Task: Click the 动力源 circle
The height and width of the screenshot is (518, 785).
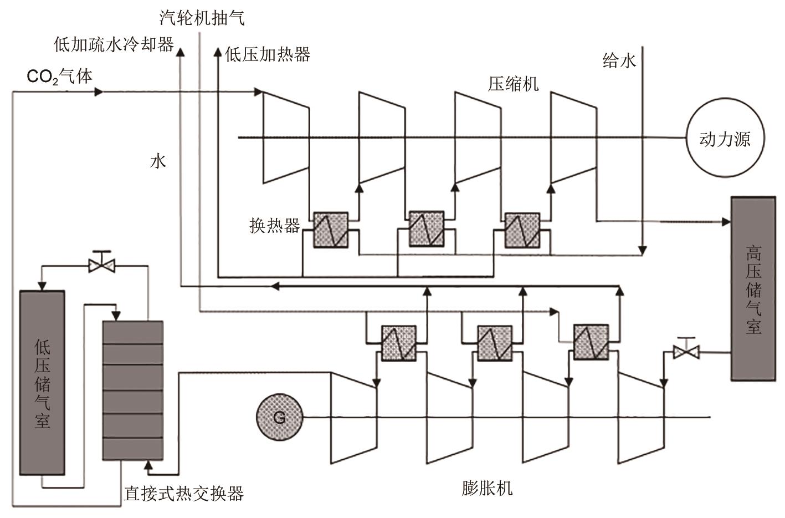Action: (725, 138)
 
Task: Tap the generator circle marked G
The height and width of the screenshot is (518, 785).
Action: (279, 417)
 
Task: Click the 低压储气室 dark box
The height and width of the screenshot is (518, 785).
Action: (42, 383)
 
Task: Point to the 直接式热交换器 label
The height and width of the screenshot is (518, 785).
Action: (184, 493)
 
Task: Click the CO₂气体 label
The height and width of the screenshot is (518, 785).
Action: (60, 76)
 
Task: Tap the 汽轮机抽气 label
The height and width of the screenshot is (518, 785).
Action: (202, 18)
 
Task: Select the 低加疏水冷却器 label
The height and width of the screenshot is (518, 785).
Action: (114, 44)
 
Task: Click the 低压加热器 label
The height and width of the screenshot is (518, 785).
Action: (268, 54)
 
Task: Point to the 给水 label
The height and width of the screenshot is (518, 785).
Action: (619, 60)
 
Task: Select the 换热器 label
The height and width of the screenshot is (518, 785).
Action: (275, 226)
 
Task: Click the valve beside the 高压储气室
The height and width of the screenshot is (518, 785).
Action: (686, 351)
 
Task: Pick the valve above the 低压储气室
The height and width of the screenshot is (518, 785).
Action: (102, 266)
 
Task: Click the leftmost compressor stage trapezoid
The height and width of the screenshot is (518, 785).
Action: (285, 137)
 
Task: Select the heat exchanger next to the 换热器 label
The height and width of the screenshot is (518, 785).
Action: (331, 230)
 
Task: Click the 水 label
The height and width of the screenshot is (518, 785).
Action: (158, 161)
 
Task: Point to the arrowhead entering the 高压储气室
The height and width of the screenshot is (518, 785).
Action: (726, 222)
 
